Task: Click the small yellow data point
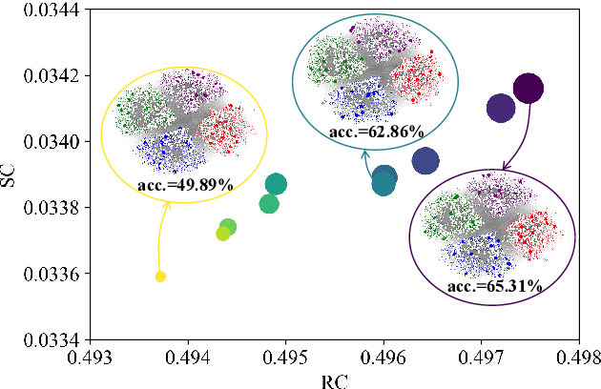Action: (x=160, y=276)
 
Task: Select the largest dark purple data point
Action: (x=528, y=89)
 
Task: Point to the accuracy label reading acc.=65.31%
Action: (x=494, y=284)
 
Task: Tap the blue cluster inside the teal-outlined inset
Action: (x=360, y=96)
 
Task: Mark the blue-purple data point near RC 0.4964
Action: (x=425, y=161)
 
